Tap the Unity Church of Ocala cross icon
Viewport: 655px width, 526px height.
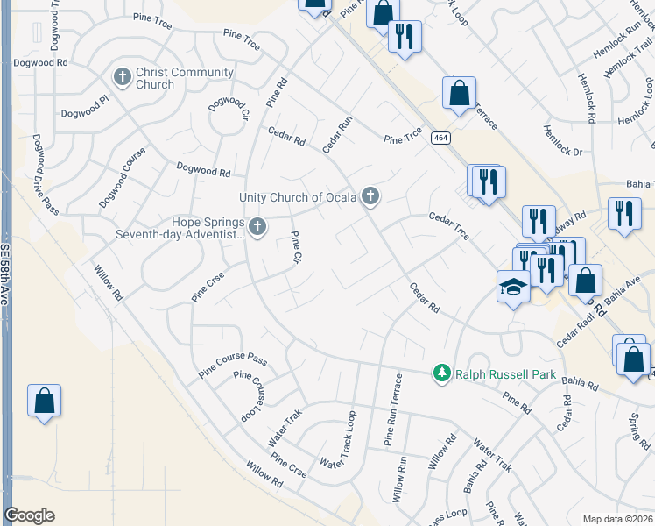coord(370,197)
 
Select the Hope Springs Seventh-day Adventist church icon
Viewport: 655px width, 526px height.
coord(257,227)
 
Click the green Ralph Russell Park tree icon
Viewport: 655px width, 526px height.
coord(443,374)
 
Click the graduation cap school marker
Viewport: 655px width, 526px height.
coord(513,287)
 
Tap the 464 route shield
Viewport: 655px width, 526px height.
coord(440,138)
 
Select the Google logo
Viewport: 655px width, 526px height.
coord(29,515)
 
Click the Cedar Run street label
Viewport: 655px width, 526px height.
coord(337,135)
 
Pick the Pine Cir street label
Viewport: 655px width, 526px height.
coord(296,248)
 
